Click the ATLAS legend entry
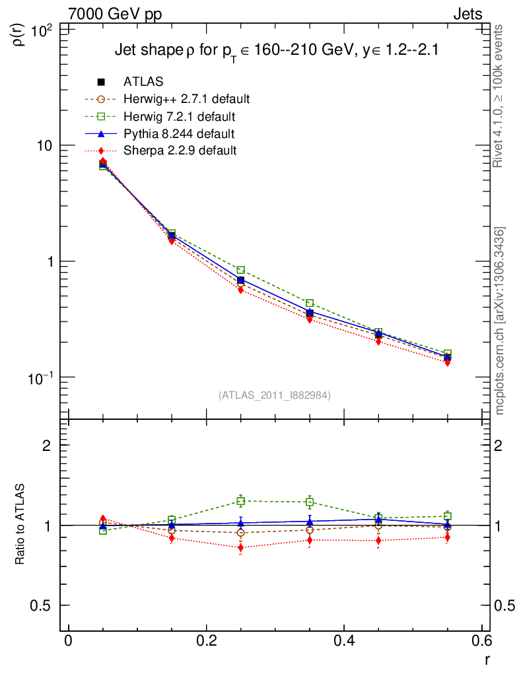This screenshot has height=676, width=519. [x=143, y=82]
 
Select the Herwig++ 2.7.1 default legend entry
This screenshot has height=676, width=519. [x=186, y=100]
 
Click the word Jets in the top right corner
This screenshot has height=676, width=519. [x=467, y=14]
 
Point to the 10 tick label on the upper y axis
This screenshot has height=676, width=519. [x=45, y=146]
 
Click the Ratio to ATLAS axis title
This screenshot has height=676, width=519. [x=20, y=525]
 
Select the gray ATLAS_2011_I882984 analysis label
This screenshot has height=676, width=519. [x=275, y=395]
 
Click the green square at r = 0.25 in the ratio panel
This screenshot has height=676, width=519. [x=241, y=501]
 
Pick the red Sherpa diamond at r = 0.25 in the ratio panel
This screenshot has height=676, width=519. [x=241, y=548]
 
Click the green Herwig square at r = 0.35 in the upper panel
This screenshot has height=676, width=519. [x=310, y=304]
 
